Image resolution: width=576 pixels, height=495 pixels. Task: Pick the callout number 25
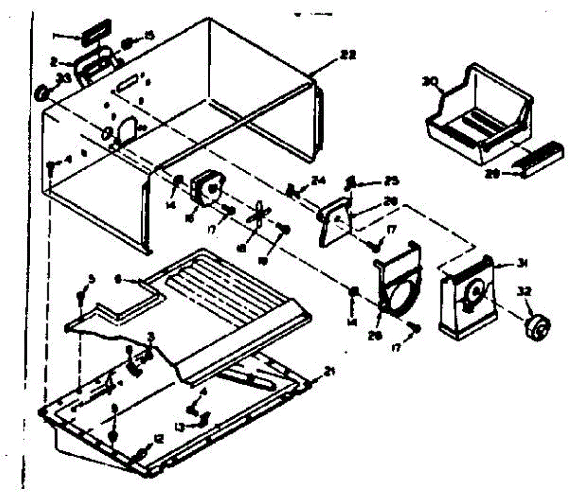(x=380, y=183)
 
